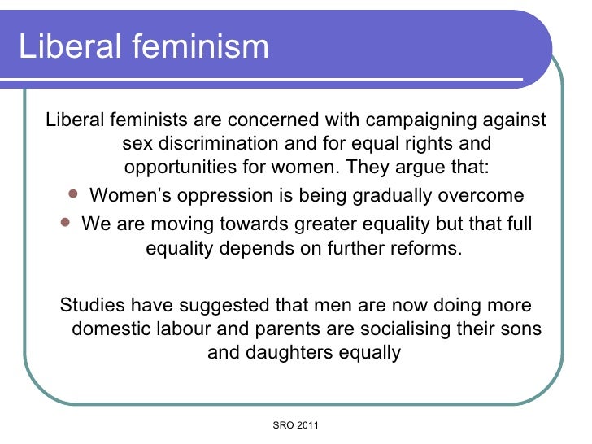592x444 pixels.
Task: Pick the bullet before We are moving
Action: point(66,221)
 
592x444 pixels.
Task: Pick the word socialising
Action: point(394,329)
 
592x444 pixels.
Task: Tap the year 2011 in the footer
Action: point(308,425)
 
